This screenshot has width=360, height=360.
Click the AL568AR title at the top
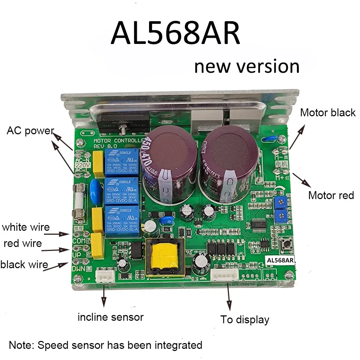click(x=175, y=33)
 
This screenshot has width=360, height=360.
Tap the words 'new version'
click(x=247, y=66)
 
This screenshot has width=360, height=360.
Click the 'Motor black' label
click(x=328, y=113)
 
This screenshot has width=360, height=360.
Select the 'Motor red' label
click(x=331, y=195)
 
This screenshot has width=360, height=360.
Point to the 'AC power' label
click(x=30, y=131)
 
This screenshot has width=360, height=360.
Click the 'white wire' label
click(x=26, y=227)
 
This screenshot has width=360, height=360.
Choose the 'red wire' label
click(x=23, y=244)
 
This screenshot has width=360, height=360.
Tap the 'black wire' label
click(x=24, y=265)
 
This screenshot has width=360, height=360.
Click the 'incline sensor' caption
click(x=111, y=317)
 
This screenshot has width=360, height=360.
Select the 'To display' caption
click(x=245, y=319)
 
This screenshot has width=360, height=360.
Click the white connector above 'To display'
click(x=224, y=275)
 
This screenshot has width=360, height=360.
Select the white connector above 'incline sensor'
click(x=105, y=277)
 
